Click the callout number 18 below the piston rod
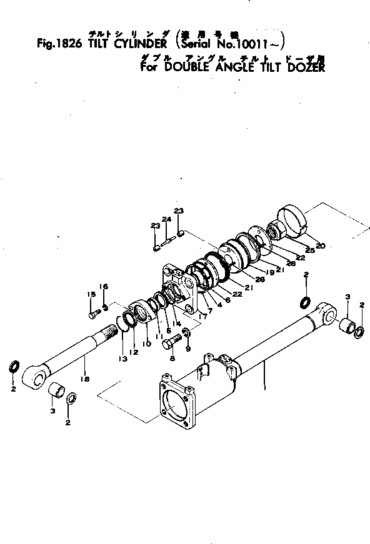coord(85,379)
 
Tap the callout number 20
coord(320,245)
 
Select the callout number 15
coord(91,294)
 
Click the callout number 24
coord(166,219)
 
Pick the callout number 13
coord(123,360)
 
